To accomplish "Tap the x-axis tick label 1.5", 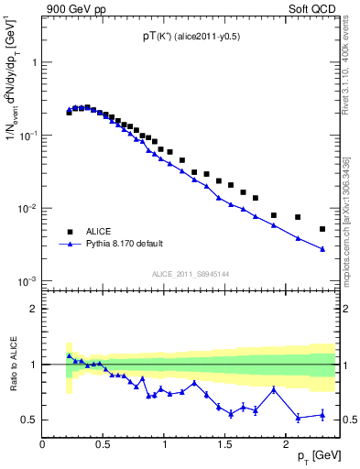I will [224, 445].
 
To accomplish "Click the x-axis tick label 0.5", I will [103, 445].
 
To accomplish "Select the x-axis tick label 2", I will [286, 445].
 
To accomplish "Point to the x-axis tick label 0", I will [42, 445].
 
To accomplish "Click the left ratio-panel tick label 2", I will [33, 310].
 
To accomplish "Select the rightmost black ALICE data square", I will [322, 229].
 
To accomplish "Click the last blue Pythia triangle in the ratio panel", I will [322, 415].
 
